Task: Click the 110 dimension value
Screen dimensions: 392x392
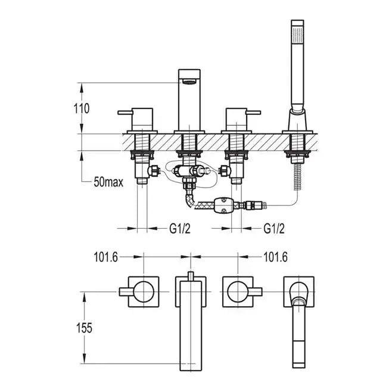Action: click(82, 109)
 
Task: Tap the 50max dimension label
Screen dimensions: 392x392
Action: click(108, 182)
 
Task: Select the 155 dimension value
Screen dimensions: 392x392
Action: click(84, 328)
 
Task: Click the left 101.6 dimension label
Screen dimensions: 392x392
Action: click(105, 257)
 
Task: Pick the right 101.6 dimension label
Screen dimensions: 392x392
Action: click(275, 257)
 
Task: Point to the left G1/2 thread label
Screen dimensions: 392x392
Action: click(180, 228)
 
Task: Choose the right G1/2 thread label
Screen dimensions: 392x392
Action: click(274, 228)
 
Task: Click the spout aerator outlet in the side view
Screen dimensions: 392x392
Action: click(189, 82)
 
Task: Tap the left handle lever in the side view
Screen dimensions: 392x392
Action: click(125, 113)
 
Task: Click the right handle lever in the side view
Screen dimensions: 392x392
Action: click(254, 113)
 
